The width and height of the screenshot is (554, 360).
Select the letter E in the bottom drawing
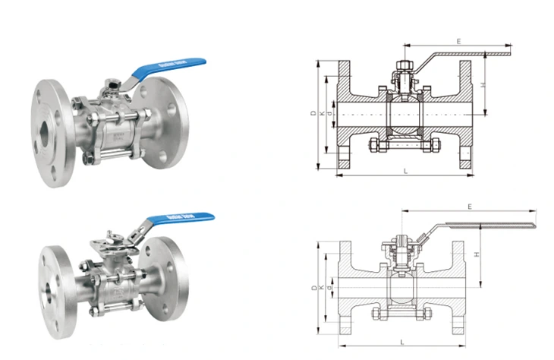click(x=470, y=206)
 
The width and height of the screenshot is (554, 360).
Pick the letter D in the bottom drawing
click(x=313, y=288)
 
